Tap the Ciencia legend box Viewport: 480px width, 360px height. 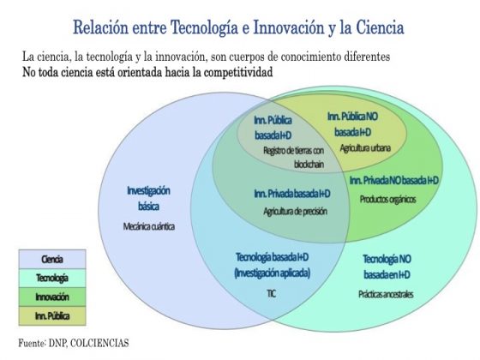pyautogui.click(x=52, y=259)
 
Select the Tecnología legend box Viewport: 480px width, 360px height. pyautogui.click(x=52, y=278)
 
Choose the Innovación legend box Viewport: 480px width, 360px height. pyautogui.click(x=52, y=297)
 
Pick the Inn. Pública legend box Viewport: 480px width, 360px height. pyautogui.click(x=52, y=315)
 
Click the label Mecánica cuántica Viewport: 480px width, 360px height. pyautogui.click(x=149, y=226)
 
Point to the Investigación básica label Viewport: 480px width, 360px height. pyautogui.click(x=148, y=198)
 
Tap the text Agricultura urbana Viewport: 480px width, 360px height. pyautogui.click(x=365, y=148)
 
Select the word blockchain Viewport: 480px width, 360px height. pyautogui.click(x=309, y=165)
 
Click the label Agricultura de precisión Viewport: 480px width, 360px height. pyautogui.click(x=296, y=211)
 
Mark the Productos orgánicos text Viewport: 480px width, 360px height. pyautogui.click(x=387, y=199)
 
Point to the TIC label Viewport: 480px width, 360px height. pyautogui.click(x=272, y=294)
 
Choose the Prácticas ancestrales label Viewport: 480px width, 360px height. pyautogui.click(x=386, y=294)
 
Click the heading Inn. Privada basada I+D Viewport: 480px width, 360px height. pyautogui.click(x=292, y=194)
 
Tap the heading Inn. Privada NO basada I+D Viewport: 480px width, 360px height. pyautogui.click(x=394, y=180)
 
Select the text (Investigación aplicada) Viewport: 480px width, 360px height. pyautogui.click(x=273, y=273)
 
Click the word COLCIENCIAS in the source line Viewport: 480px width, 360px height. pyautogui.click(x=99, y=343)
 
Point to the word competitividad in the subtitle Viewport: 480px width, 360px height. pyautogui.click(x=238, y=72)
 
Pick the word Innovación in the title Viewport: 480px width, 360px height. pyautogui.click(x=289, y=27)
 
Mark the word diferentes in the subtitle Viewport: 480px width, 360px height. pyautogui.click(x=367, y=57)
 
